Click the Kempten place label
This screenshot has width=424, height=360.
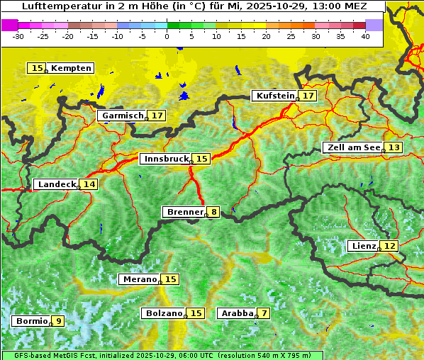coord(71,68)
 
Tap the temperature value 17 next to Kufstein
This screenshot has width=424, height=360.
coord(308,96)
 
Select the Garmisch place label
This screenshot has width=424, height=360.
coord(122,116)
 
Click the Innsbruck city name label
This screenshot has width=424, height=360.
coord(165,159)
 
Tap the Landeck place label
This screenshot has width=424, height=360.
coord(57,184)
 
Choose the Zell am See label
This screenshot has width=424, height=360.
coord(352,147)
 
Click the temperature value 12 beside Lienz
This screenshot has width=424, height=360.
coord(390,246)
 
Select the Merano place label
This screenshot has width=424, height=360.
coord(139,279)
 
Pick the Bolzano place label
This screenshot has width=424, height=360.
coord(164,313)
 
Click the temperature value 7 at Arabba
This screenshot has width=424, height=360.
coord(264,313)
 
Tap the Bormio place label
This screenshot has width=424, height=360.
coord(31,321)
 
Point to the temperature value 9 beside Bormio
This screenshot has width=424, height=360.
coord(58,321)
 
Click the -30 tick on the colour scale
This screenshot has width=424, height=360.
coord(18,36)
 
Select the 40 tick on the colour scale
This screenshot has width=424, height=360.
coord(365,36)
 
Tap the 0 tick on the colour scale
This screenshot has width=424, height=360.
coord(167,36)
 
